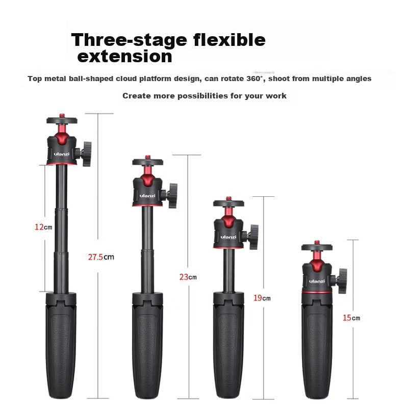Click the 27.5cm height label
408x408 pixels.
click(101, 257)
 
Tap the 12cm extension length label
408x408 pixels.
click(43, 227)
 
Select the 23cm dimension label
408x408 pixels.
click(188, 277)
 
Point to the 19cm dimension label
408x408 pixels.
click(262, 298)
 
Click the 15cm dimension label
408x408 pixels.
click(351, 318)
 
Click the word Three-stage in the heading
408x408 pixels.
click(130, 40)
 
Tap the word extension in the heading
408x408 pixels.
click(125, 56)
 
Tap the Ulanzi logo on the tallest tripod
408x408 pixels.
click(62, 154)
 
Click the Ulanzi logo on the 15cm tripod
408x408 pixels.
click(317, 281)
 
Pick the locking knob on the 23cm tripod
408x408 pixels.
click(172, 196)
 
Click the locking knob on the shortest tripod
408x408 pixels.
click(342, 281)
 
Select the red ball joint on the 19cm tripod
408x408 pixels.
click(228, 219)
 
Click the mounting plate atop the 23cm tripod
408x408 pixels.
click(148, 162)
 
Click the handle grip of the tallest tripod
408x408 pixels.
click(61, 346)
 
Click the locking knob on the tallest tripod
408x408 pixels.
click(86, 154)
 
